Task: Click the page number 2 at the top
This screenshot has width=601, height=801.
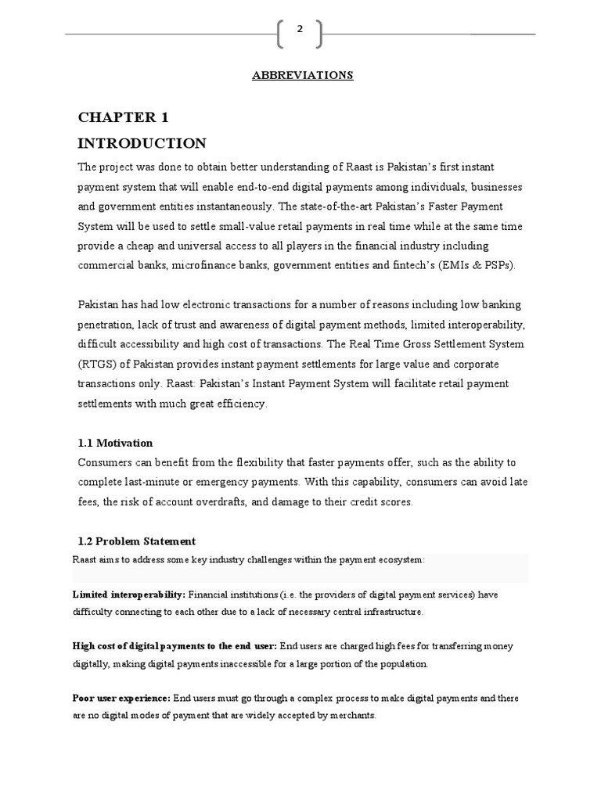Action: coord(300,30)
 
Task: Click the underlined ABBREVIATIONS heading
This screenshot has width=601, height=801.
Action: coord(302,75)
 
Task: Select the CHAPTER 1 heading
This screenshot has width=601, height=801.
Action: coord(123,117)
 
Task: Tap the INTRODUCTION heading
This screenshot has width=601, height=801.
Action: coord(142,143)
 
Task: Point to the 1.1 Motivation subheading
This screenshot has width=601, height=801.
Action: coord(115,443)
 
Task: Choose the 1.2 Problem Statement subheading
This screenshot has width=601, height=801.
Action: coord(137,541)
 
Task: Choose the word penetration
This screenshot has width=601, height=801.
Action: coord(108,325)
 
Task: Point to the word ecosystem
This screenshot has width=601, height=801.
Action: coord(398,560)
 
